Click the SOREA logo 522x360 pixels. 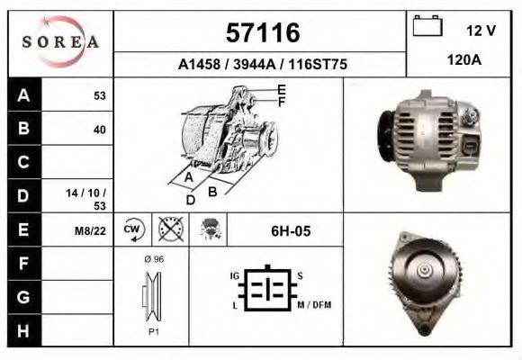(60, 42)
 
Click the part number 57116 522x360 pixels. (262, 34)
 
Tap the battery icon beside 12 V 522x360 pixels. (427, 27)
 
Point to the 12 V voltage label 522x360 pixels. (481, 30)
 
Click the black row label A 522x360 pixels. (22, 95)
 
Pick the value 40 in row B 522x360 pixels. (99, 129)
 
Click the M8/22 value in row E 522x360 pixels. (92, 231)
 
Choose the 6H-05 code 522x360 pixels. (290, 231)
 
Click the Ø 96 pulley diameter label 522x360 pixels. (152, 259)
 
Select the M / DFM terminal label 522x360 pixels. (314, 305)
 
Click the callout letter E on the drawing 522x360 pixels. (281, 89)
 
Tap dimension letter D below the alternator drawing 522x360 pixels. (190, 200)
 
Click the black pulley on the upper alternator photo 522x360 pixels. (385, 137)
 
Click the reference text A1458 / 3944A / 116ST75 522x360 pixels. (263, 65)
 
